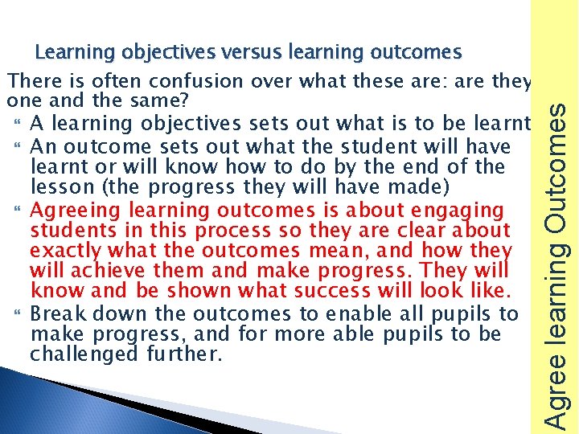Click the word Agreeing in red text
pyautogui.click(x=68, y=211)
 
